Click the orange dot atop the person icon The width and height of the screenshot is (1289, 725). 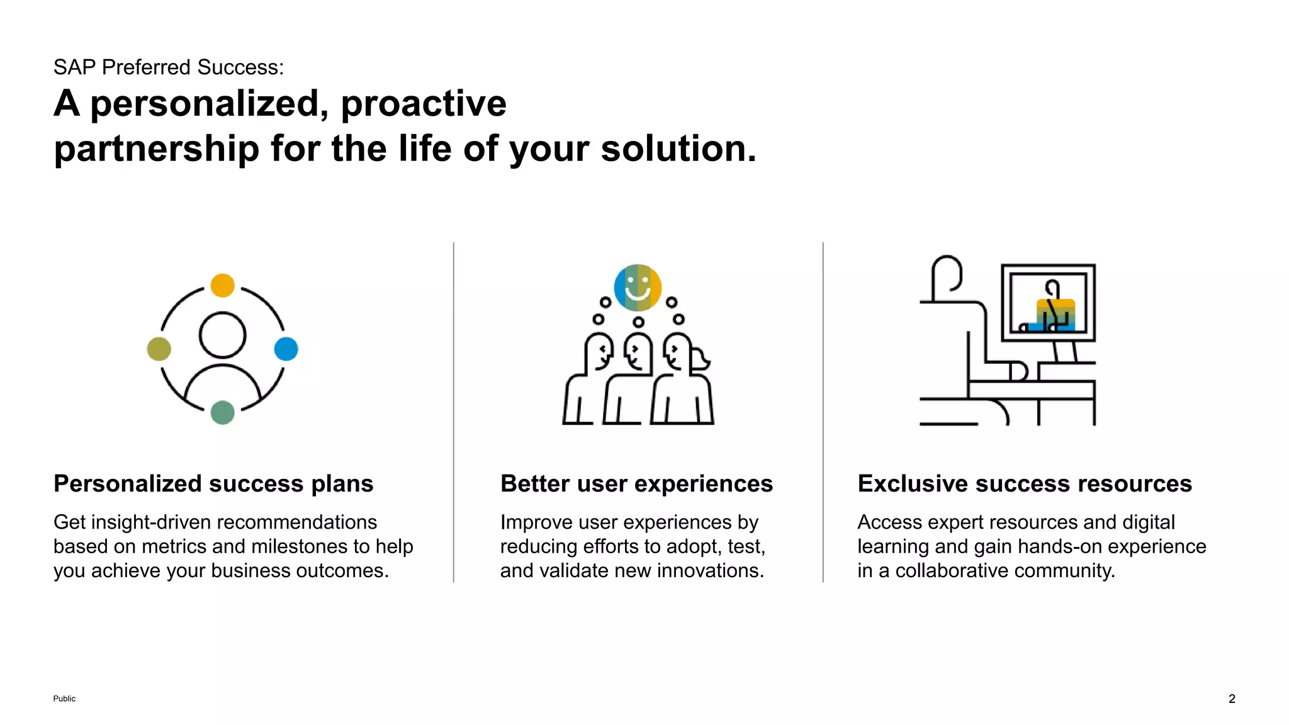coord(222,285)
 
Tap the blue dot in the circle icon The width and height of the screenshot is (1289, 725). coord(286,349)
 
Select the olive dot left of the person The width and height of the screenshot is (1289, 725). coord(159,349)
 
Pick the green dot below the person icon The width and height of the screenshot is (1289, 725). coord(222,412)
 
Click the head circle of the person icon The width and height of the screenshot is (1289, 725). coord(222,335)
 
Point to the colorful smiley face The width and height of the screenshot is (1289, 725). coord(638,288)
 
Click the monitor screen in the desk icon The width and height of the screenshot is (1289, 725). coord(1048,303)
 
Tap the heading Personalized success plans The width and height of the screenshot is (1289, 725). coord(213,483)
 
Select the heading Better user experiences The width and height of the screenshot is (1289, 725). coord(636,483)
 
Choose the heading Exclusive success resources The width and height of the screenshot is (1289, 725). coord(1025,483)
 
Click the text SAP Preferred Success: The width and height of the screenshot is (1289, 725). coord(169,67)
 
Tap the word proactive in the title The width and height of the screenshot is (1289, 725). coord(423,103)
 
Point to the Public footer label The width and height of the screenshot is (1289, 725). coord(64,699)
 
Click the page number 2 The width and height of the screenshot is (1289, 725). coord(1232,699)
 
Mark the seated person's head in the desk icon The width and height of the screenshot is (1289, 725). coord(947,274)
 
